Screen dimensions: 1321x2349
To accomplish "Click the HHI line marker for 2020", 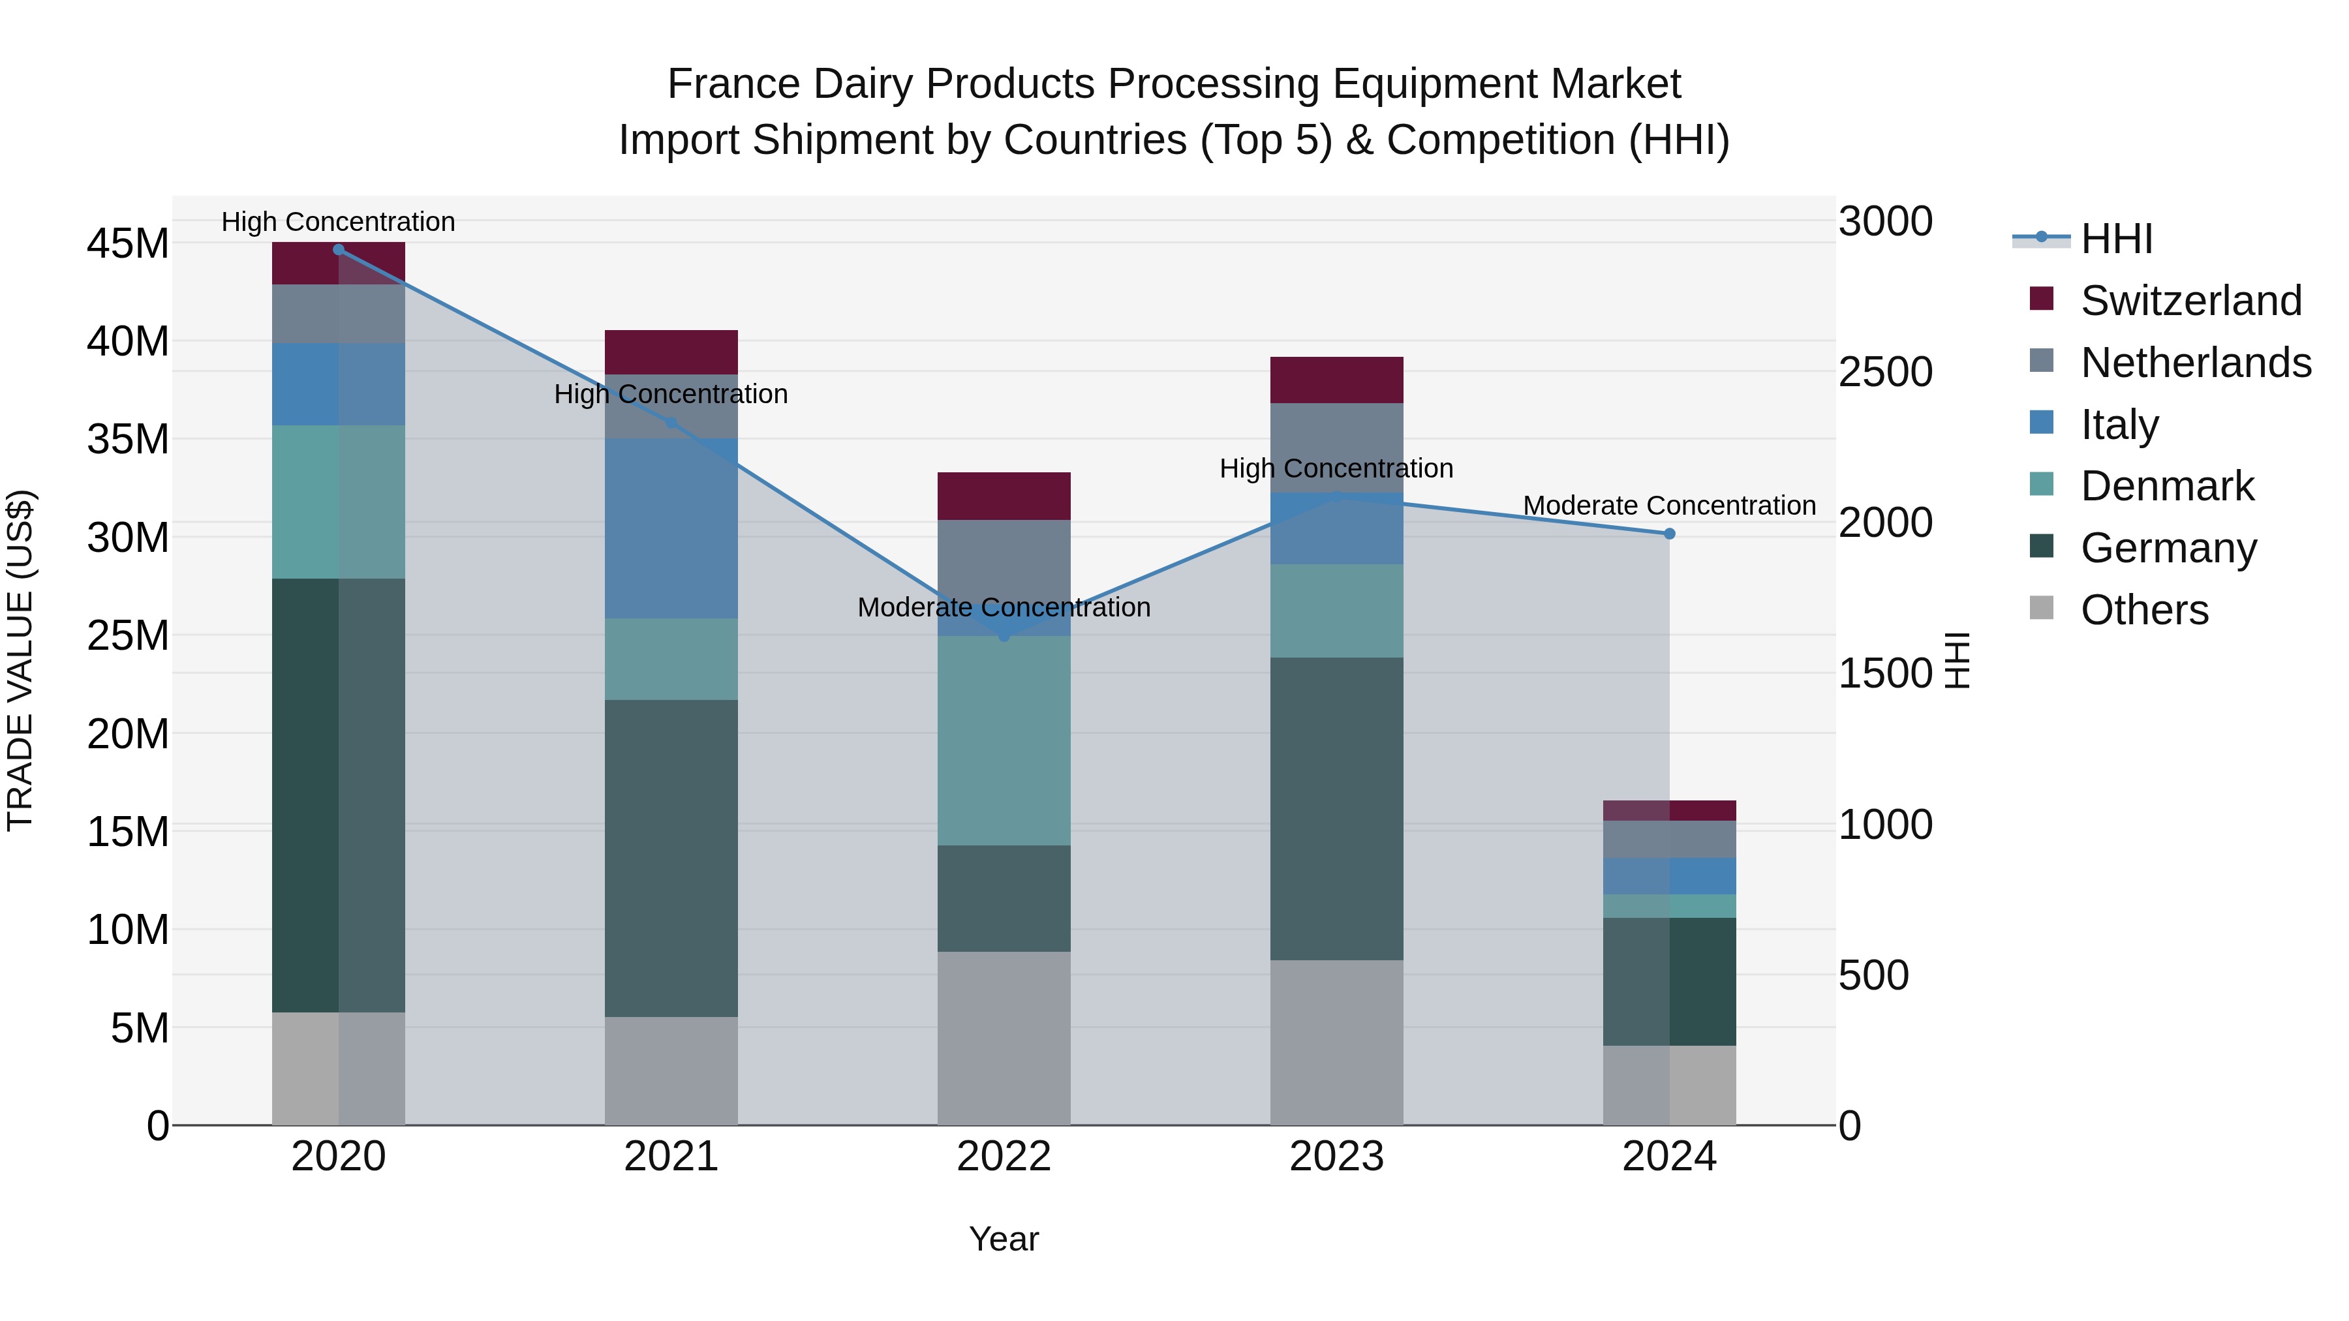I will coord(338,250).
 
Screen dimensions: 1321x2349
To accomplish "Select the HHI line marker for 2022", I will coord(1004,635).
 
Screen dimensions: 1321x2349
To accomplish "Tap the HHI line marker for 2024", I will coord(1670,534).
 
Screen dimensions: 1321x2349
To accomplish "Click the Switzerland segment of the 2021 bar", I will coord(671,352).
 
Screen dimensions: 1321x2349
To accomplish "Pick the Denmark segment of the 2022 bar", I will coord(1004,740).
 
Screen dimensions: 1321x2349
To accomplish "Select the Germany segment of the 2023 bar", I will coord(1337,809).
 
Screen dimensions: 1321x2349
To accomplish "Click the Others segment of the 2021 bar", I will coord(671,1070).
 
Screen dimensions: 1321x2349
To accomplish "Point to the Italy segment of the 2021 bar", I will coord(671,529).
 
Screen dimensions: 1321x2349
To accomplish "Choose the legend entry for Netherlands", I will coord(2195,363).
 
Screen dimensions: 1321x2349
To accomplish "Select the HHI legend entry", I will coord(2115,239).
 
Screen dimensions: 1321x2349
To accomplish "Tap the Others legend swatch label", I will coord(2144,610).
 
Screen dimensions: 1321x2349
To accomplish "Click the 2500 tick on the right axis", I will coord(1885,372).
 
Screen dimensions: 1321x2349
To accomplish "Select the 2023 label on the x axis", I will coord(1337,1157).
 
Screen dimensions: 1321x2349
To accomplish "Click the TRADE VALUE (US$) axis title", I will coord(21,660).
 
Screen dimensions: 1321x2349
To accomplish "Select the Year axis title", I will coord(1004,1239).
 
